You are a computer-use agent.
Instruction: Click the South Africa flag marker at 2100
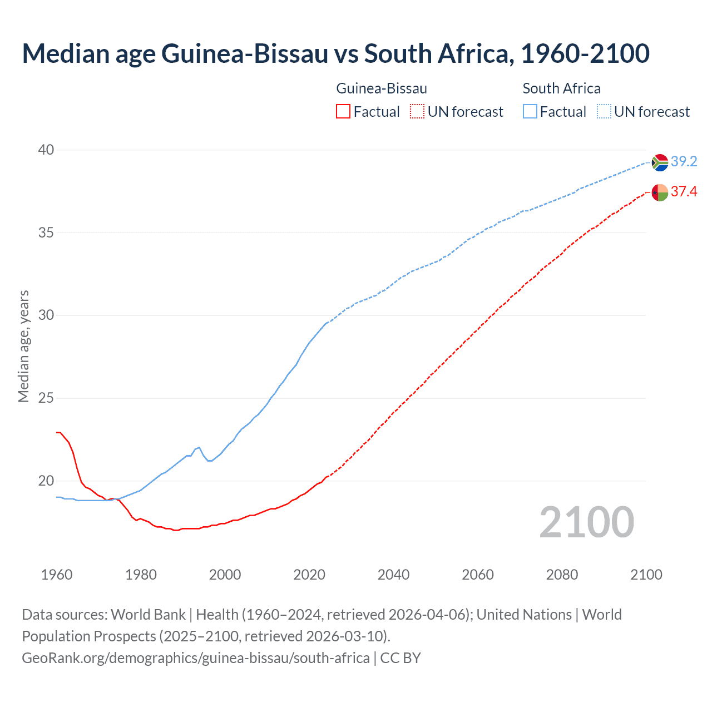(x=660, y=162)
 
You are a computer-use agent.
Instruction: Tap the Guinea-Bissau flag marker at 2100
(x=660, y=192)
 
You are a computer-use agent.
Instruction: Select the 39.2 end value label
(x=684, y=161)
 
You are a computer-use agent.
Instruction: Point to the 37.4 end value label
(x=684, y=192)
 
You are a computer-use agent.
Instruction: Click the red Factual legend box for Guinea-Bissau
(x=343, y=112)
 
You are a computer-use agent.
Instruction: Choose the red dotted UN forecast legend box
(x=417, y=112)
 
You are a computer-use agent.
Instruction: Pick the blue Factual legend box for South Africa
(x=530, y=112)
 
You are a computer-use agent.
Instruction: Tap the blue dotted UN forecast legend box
(x=604, y=112)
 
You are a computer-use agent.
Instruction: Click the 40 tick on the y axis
(x=46, y=150)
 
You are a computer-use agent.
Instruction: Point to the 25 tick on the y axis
(x=46, y=398)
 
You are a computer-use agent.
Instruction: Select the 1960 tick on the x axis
(x=57, y=575)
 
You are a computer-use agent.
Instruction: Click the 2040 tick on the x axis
(x=393, y=575)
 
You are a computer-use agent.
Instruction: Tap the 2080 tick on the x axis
(x=562, y=575)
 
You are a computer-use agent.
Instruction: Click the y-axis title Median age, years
(x=24, y=346)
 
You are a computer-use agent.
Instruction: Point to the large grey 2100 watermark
(x=586, y=522)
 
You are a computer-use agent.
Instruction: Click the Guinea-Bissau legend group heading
(x=382, y=88)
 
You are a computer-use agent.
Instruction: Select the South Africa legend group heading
(x=561, y=88)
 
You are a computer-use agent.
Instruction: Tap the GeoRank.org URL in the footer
(x=196, y=657)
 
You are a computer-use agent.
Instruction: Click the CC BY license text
(x=400, y=657)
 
